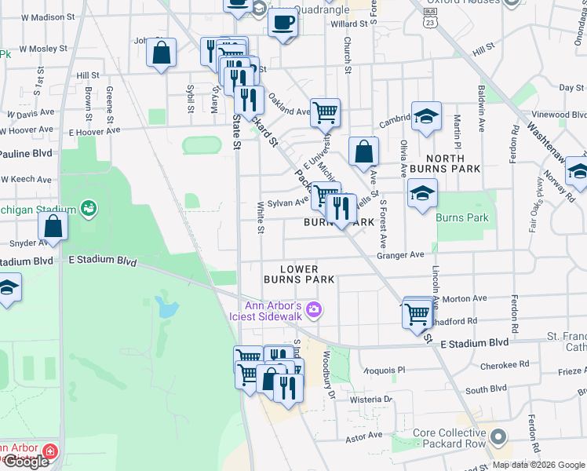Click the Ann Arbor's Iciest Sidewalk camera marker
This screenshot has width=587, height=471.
(x=314, y=310)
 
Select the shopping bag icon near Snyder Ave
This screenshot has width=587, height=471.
(x=53, y=226)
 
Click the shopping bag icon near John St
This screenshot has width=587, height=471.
(x=161, y=53)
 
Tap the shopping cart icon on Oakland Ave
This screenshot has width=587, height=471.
(x=324, y=112)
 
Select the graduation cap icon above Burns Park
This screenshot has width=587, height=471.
(x=422, y=193)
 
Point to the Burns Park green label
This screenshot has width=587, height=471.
(x=462, y=217)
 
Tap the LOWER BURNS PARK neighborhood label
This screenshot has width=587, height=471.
(x=299, y=274)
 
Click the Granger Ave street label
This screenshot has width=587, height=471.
(x=400, y=254)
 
